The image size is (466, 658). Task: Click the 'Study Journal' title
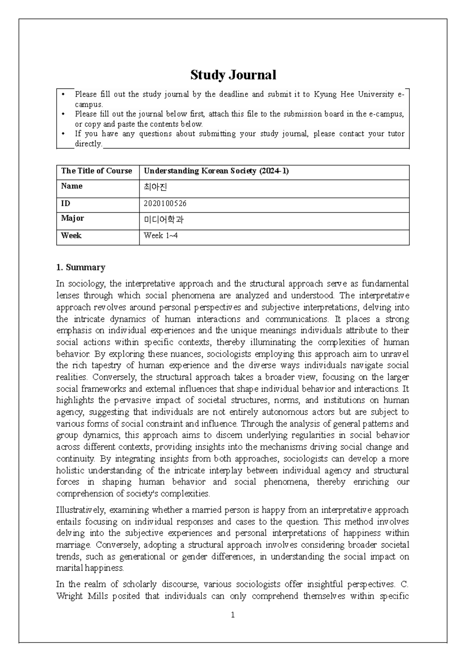pos(233,75)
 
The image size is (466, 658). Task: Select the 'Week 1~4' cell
pos(160,235)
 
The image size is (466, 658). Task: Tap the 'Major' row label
pos(73,218)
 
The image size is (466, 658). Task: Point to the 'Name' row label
pos(72,186)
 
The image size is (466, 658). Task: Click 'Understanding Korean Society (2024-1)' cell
pos(216,171)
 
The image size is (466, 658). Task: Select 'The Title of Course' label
pos(97,171)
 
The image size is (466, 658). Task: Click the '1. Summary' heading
pos(81,267)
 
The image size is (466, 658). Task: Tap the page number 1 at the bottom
pos(233,615)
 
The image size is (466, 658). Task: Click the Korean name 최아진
pos(155,187)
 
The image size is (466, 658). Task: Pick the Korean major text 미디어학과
pos(163,220)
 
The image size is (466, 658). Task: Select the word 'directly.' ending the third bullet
pos(89,144)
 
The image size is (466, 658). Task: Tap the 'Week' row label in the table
pos(71,235)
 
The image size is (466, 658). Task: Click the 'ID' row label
pos(65,204)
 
